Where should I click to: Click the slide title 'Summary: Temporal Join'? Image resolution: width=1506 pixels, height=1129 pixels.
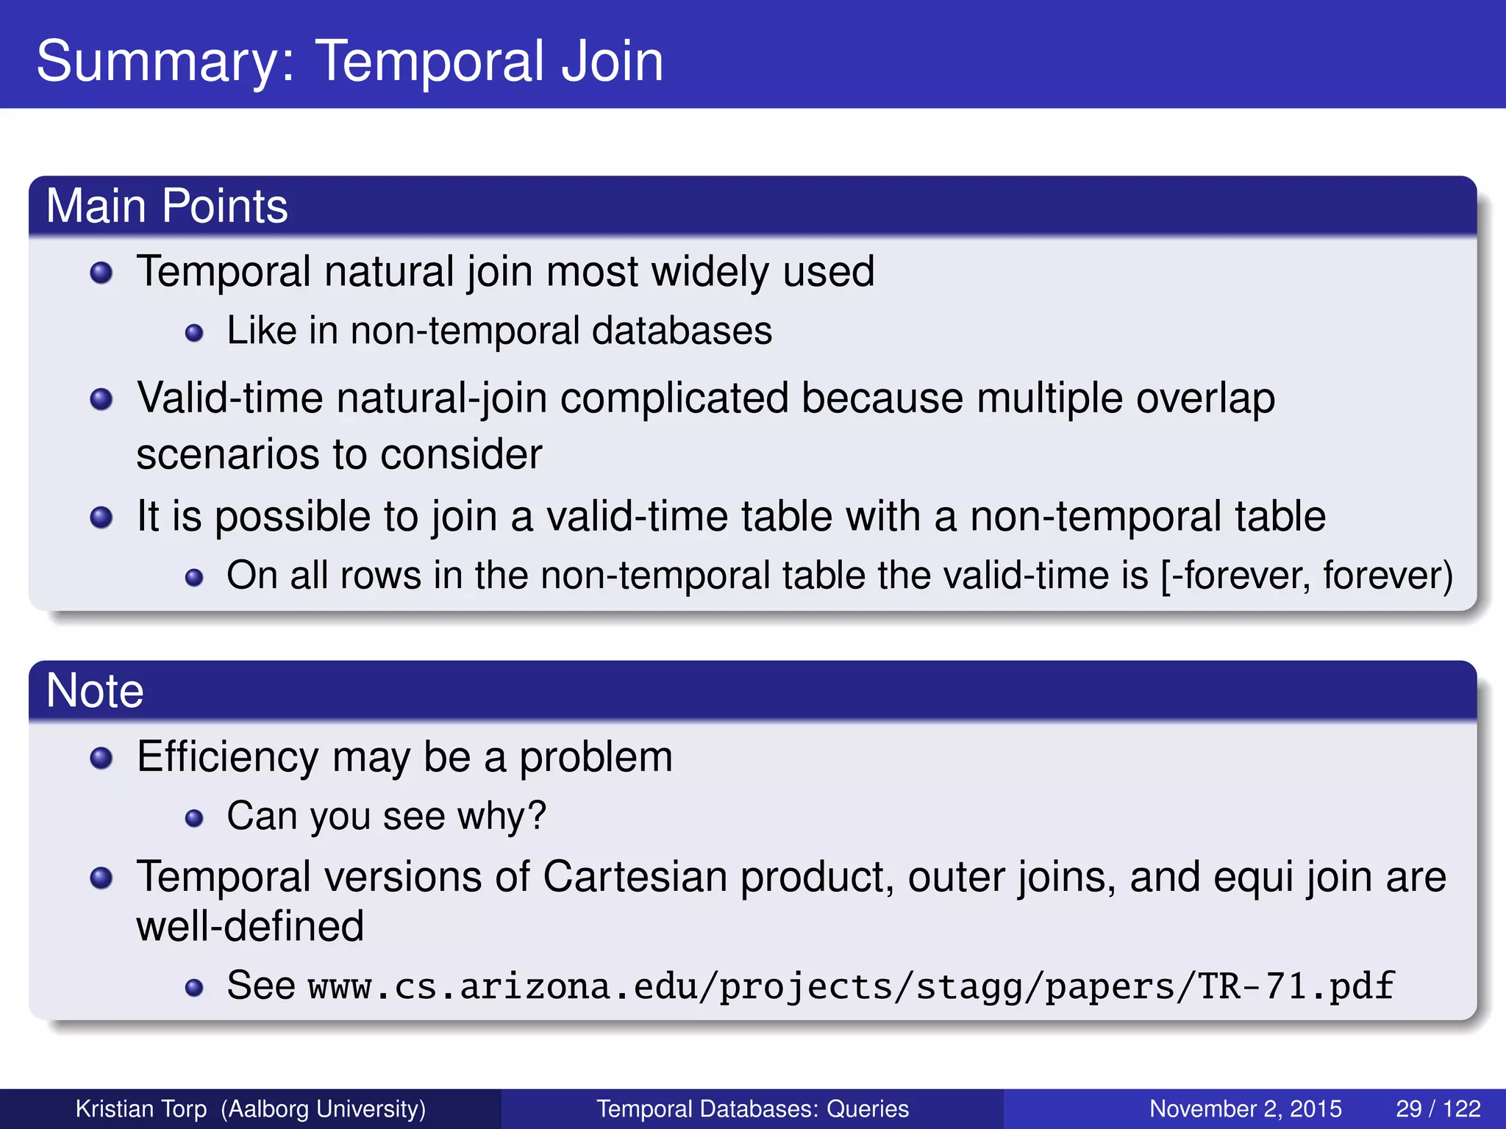pos(349,60)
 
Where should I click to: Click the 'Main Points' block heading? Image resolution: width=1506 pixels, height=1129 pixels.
pos(167,206)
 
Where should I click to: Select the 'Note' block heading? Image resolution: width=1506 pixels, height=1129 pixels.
pos(95,691)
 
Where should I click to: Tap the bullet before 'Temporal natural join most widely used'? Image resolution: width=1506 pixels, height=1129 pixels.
pos(101,273)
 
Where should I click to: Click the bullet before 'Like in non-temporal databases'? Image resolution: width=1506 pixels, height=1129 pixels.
pos(194,333)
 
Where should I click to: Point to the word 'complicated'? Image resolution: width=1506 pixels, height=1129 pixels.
pos(674,398)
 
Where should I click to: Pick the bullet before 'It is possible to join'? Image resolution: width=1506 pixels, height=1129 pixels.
pos(101,517)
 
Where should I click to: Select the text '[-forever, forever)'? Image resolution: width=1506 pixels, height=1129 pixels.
pos(1306,576)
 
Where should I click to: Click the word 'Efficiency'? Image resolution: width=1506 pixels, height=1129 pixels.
pos(228,757)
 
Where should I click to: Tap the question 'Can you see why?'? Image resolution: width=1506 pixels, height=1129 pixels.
pos(386,816)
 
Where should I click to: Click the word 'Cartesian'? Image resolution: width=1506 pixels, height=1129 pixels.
pos(635,877)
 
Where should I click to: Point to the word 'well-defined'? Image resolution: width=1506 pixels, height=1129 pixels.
pos(250,926)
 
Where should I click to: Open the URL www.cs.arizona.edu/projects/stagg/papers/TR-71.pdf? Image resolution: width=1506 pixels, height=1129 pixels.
pos(851,986)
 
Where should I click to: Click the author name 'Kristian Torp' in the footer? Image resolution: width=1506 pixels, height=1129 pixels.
pos(141,1108)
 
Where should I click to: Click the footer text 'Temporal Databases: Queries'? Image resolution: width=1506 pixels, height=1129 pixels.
pos(752,1108)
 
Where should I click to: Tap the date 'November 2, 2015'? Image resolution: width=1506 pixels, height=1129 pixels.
pos(1245,1108)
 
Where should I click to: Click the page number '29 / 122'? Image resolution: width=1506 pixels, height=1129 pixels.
pos(1438,1108)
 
